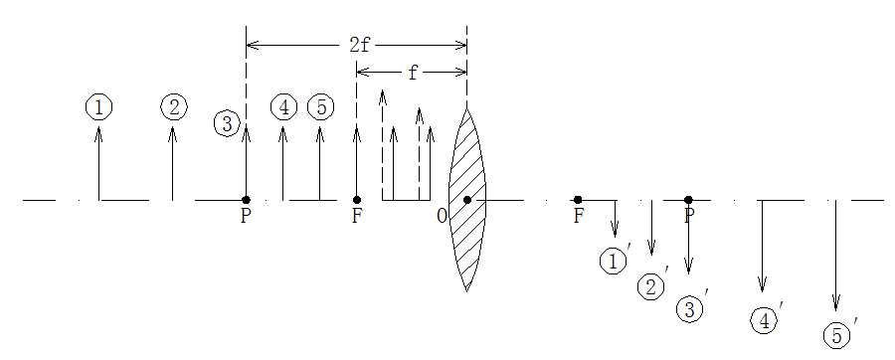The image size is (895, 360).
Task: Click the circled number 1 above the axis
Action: [x=98, y=107]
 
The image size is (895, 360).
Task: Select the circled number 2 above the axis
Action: [x=174, y=107]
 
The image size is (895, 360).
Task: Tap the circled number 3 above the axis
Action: [x=227, y=124]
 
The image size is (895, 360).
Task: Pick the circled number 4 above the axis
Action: [x=283, y=107]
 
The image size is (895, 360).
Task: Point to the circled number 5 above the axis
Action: [x=321, y=107]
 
